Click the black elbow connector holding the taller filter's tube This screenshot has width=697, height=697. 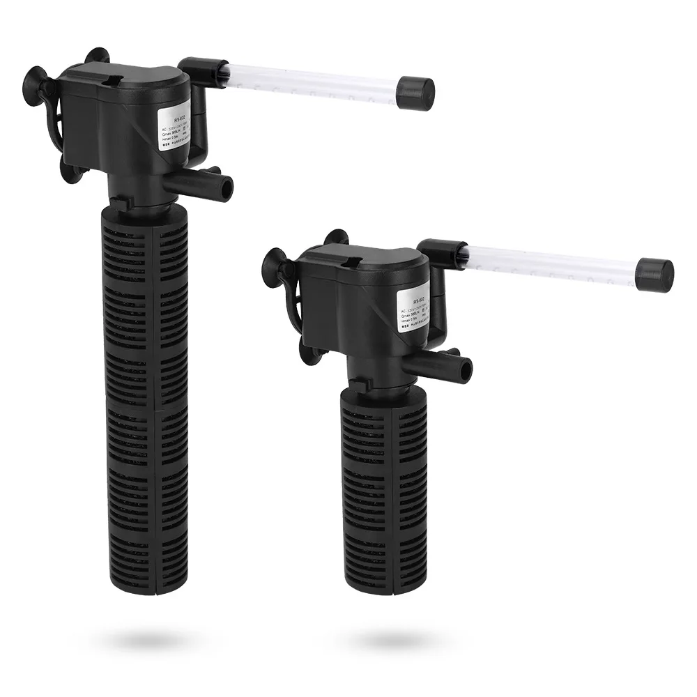pyautogui.click(x=197, y=68)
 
